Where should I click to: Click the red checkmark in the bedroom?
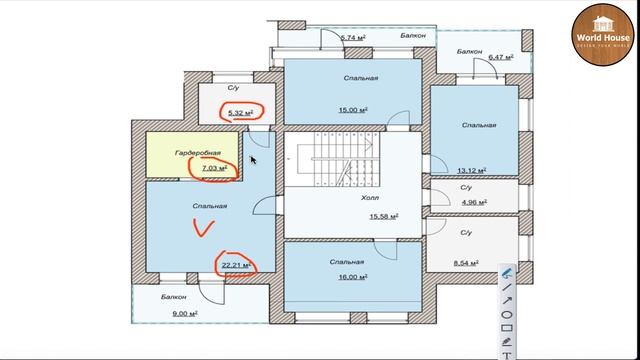204,229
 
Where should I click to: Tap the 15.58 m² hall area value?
384,215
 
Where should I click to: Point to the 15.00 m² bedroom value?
354,110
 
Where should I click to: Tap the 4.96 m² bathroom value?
472,202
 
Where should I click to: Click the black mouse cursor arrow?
253,158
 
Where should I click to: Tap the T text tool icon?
507,353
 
